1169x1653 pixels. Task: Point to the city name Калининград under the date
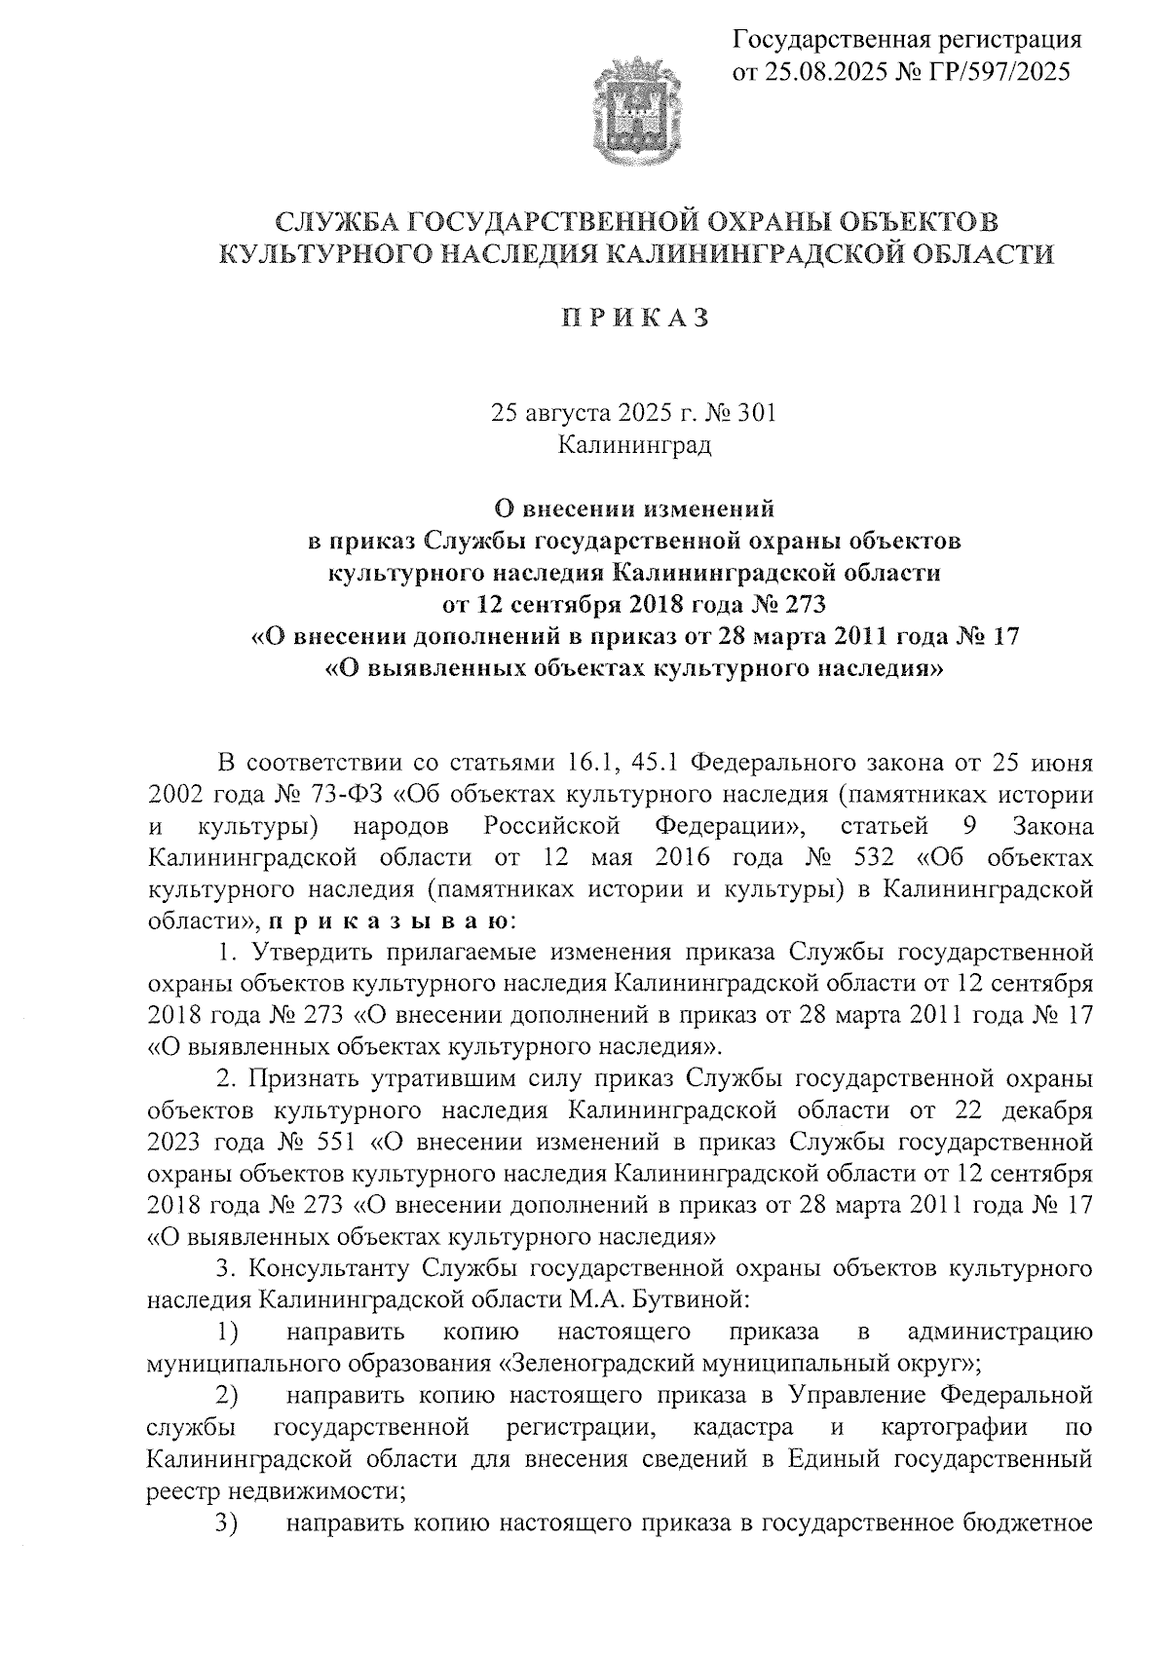coord(635,445)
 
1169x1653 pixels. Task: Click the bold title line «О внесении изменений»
coord(635,508)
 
